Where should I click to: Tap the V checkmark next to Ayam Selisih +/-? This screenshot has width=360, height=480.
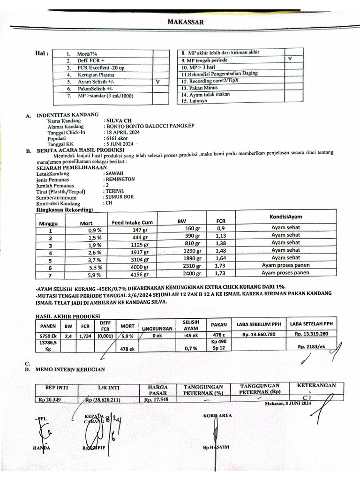click(157, 82)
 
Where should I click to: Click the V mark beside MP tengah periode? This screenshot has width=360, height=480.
click(290, 59)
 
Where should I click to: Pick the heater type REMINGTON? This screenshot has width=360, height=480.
click(120, 179)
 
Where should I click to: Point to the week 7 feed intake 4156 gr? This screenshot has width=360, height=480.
click(139, 274)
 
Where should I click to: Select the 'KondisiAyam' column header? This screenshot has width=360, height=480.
click(285, 216)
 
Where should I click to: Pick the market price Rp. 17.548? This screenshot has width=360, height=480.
click(155, 400)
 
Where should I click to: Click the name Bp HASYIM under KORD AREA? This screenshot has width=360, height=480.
click(216, 447)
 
